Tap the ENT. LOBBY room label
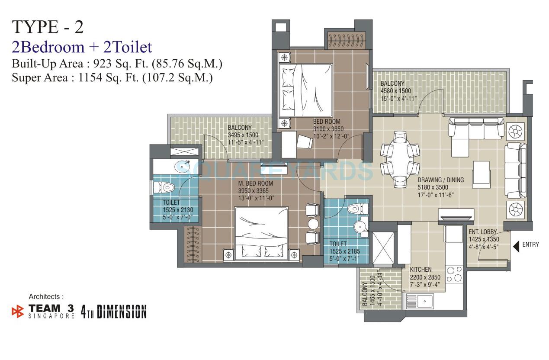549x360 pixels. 482,232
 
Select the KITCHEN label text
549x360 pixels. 421,270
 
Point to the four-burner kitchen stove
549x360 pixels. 454,273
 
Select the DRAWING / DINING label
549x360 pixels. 440,180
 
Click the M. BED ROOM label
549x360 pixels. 256,183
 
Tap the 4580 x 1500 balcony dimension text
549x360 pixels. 395,91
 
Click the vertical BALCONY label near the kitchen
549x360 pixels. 366,294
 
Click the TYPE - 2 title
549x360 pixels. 48,27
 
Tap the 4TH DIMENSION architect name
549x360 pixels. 114,312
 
